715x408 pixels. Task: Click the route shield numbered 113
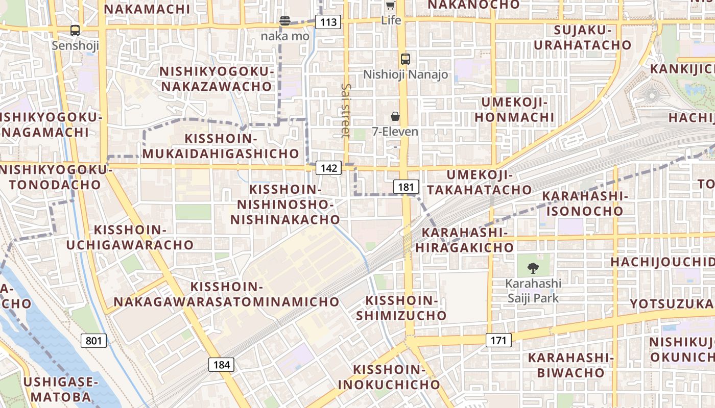(328, 22)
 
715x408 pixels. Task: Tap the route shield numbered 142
(328, 168)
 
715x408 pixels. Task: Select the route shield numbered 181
(406, 187)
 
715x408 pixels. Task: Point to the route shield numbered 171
(498, 340)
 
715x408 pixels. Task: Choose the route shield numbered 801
(93, 340)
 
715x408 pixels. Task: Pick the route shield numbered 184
(221, 364)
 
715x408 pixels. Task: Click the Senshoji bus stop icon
(75, 31)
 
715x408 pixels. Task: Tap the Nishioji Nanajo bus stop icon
(406, 59)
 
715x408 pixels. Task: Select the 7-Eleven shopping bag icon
(395, 116)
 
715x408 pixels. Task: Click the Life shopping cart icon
(391, 6)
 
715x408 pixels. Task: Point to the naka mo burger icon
(285, 21)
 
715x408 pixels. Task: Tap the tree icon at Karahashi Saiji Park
(533, 268)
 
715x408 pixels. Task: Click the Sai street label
(346, 111)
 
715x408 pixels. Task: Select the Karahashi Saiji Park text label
(533, 290)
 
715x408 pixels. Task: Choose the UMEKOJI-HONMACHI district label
(514, 110)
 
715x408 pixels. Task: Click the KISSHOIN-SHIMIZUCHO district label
(401, 308)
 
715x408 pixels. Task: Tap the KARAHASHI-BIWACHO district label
(570, 365)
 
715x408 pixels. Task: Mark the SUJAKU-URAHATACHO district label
(582, 37)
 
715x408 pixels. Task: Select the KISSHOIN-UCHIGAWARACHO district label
(130, 238)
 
